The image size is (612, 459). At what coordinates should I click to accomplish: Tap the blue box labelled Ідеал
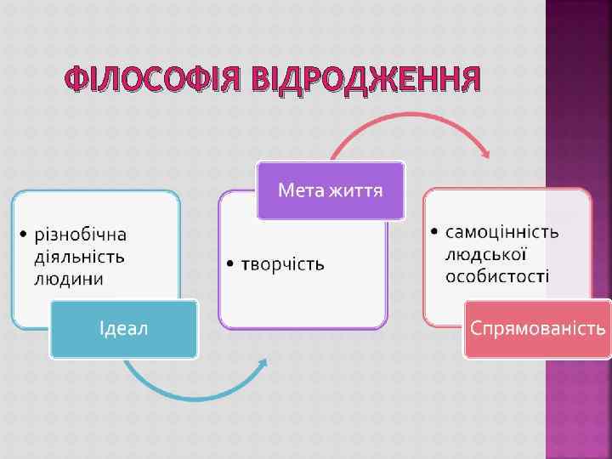coord(124,328)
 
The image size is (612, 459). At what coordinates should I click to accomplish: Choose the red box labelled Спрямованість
coord(538,328)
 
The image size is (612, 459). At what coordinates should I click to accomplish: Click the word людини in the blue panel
coord(70,278)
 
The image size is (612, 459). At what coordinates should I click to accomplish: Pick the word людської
coord(487,253)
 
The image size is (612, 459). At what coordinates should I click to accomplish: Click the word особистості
coord(497,275)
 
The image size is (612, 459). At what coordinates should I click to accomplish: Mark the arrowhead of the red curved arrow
coord(486,154)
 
